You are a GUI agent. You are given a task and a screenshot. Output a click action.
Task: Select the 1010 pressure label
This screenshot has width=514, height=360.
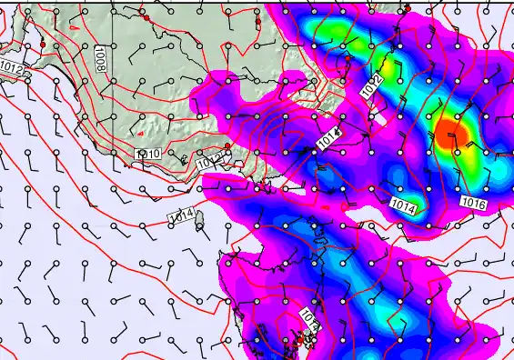pyautogui.click(x=147, y=155)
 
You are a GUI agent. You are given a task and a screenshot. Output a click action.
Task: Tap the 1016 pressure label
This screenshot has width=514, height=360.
pyautogui.click(x=472, y=202)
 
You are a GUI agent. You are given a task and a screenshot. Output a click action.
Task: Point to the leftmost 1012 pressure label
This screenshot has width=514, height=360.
pyautogui.click(x=13, y=69)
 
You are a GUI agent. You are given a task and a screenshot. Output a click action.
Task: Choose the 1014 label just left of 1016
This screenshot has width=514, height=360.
pyautogui.click(x=406, y=206)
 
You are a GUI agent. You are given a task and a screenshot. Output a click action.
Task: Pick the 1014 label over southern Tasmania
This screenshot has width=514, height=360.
pyautogui.click(x=309, y=320)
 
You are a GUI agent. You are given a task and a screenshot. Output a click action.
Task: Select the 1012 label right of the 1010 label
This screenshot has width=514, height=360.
pyautogui.click(x=209, y=162)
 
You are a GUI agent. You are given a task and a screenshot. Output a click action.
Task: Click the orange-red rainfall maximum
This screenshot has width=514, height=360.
pyautogui.click(x=450, y=133)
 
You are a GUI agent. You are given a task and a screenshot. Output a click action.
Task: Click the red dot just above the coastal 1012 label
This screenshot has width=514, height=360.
pyautogui.click(x=227, y=146)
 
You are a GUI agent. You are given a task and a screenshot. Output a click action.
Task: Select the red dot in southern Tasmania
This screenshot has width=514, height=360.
pyautogui.click(x=300, y=338)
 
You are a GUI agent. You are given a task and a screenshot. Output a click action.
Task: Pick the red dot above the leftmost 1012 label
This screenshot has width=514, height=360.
pyautogui.click(x=43, y=44)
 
